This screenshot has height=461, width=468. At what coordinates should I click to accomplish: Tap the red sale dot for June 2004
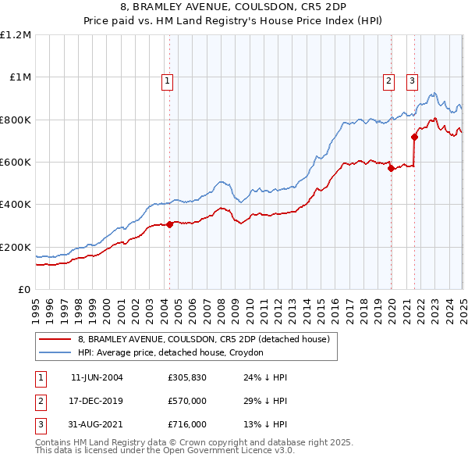169,224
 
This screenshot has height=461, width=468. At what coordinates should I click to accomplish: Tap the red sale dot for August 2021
414,138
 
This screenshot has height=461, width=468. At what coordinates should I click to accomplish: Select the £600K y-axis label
16,163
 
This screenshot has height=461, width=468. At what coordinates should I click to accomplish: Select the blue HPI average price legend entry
171,352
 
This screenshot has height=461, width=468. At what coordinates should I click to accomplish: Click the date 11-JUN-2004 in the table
97,378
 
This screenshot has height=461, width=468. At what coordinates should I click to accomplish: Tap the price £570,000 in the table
187,402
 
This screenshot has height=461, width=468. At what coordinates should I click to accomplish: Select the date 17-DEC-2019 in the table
97,402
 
